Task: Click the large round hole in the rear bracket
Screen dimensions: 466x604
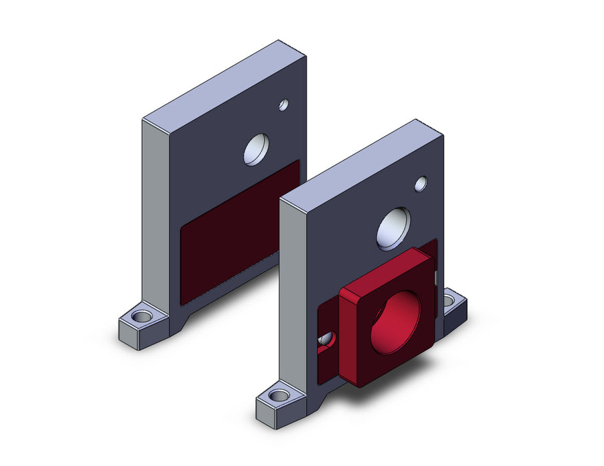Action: point(256,149)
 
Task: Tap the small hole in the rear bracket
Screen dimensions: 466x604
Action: point(283,105)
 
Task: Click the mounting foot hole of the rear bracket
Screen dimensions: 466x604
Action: point(141,316)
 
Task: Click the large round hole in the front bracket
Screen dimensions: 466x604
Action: point(393,228)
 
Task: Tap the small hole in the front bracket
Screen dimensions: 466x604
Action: point(421,184)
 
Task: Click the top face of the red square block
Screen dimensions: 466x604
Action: point(377,270)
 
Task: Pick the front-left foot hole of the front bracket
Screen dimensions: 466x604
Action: point(280,395)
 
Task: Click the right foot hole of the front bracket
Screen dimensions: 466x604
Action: point(451,302)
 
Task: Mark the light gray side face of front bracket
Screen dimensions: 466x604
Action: point(292,293)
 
